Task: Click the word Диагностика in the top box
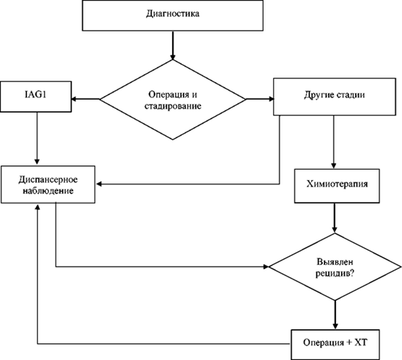click(x=173, y=14)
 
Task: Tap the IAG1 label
click(x=36, y=94)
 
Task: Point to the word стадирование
click(x=173, y=106)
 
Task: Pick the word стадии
click(x=351, y=95)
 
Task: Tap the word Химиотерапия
click(x=337, y=184)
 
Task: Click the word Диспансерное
click(x=48, y=179)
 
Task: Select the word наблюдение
click(x=48, y=191)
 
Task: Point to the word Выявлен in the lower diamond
click(x=335, y=262)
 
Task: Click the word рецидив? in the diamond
click(x=335, y=274)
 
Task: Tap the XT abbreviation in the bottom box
click(x=361, y=342)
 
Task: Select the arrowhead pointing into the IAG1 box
click(x=74, y=99)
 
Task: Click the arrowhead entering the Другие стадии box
click(x=271, y=99)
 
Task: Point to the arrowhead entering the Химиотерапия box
click(x=334, y=165)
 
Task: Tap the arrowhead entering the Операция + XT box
click(x=335, y=326)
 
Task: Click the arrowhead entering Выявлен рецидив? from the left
click(x=265, y=267)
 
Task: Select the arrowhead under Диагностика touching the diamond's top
click(x=173, y=56)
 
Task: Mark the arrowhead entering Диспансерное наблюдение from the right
click(x=99, y=184)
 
